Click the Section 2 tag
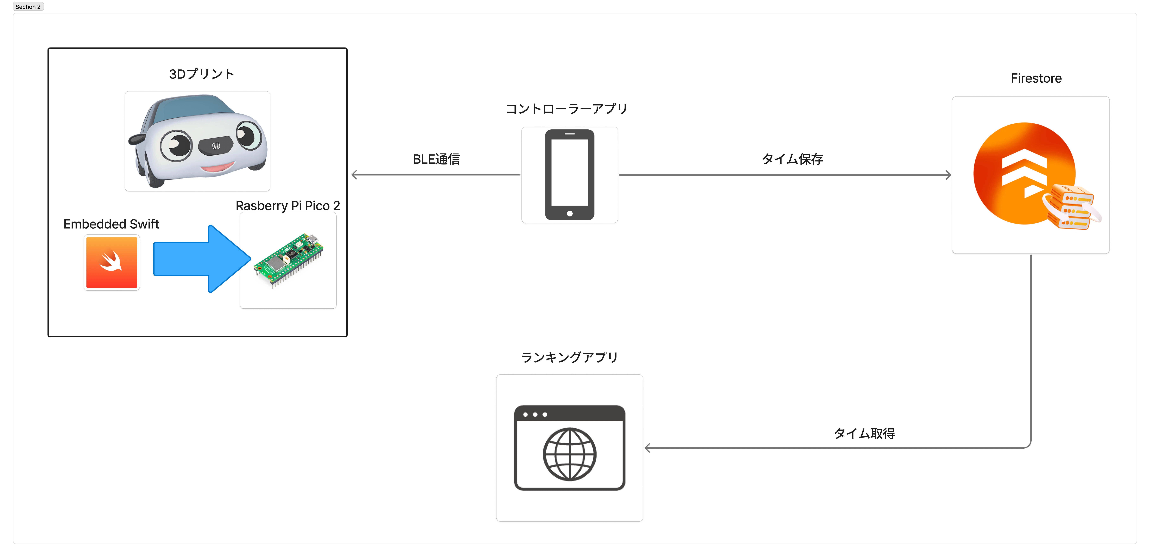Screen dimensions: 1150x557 point(28,7)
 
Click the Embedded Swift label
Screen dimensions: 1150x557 point(111,224)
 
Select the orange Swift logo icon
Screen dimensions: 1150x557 point(112,262)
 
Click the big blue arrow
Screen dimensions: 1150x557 point(202,259)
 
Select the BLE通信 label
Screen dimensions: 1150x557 point(436,159)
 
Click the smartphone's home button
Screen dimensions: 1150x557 point(570,213)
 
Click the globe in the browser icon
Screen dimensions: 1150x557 point(570,454)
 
